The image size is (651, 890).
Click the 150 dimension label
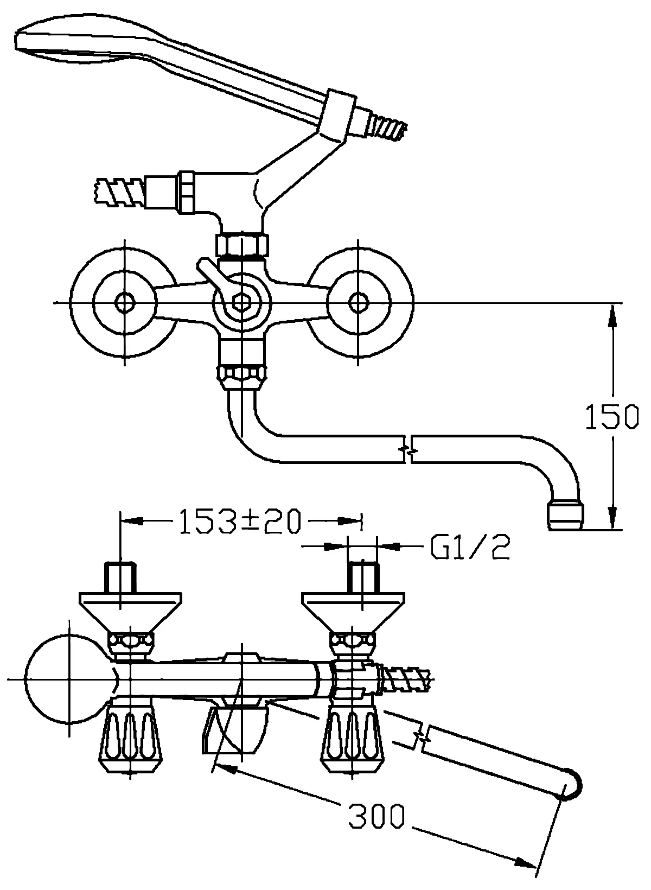click(612, 417)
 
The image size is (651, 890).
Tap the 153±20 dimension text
click(240, 521)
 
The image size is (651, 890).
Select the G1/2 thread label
click(470, 547)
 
